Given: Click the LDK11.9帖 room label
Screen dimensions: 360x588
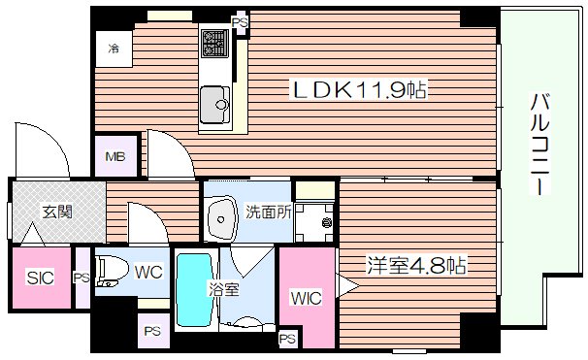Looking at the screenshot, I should [360, 91].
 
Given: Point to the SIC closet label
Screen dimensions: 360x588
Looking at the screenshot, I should [40, 278].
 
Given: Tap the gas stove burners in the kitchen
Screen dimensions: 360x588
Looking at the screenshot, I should [213, 42].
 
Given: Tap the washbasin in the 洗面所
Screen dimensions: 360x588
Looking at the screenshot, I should [224, 221].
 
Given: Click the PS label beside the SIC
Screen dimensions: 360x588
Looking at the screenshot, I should [82, 278].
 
